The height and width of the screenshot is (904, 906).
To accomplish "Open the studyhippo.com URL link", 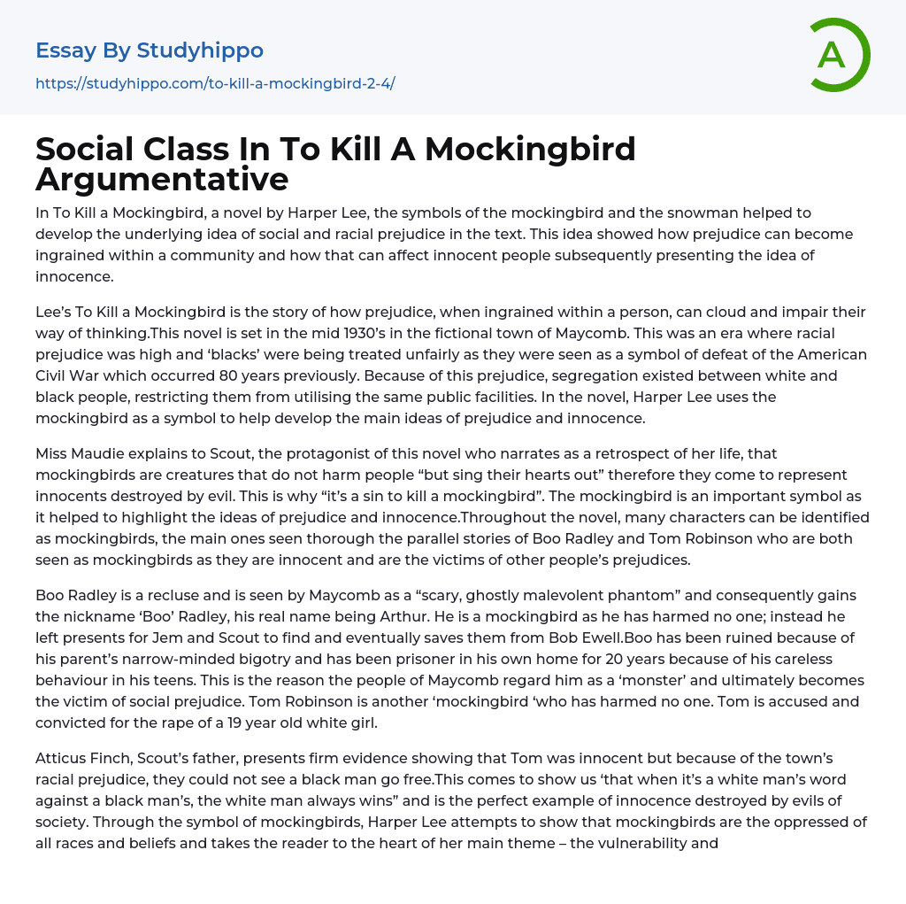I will coord(215,84).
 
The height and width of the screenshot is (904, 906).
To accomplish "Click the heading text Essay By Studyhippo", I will coord(150,50).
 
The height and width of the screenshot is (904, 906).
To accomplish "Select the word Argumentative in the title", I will coord(162,179).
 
